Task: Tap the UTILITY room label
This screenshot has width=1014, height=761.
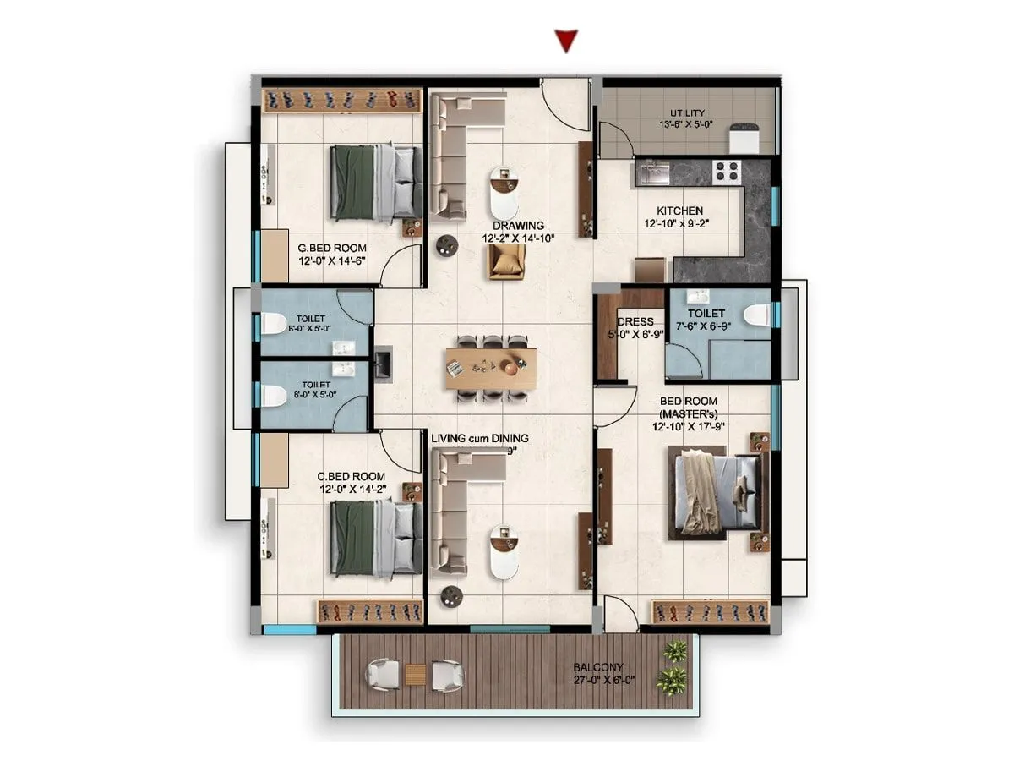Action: pos(687,113)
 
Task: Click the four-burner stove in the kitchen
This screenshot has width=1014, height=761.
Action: pos(727,172)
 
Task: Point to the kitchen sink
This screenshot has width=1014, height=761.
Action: pos(653,173)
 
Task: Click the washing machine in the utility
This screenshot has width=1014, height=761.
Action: pos(744,139)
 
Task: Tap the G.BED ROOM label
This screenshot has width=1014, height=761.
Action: pos(332,248)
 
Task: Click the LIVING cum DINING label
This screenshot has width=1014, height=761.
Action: pos(479,438)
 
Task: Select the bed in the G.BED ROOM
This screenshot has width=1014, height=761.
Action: pos(376,183)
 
